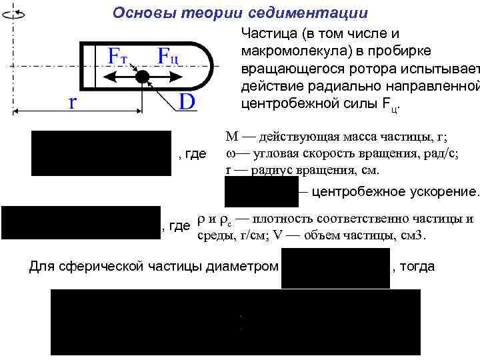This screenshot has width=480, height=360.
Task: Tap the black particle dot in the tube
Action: coord(141,77)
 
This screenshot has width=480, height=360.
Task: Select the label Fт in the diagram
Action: coord(122,57)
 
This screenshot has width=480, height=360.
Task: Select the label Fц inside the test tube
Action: coord(168,57)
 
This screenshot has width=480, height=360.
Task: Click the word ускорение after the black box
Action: coord(441,192)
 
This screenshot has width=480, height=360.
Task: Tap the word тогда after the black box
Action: coord(418,267)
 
